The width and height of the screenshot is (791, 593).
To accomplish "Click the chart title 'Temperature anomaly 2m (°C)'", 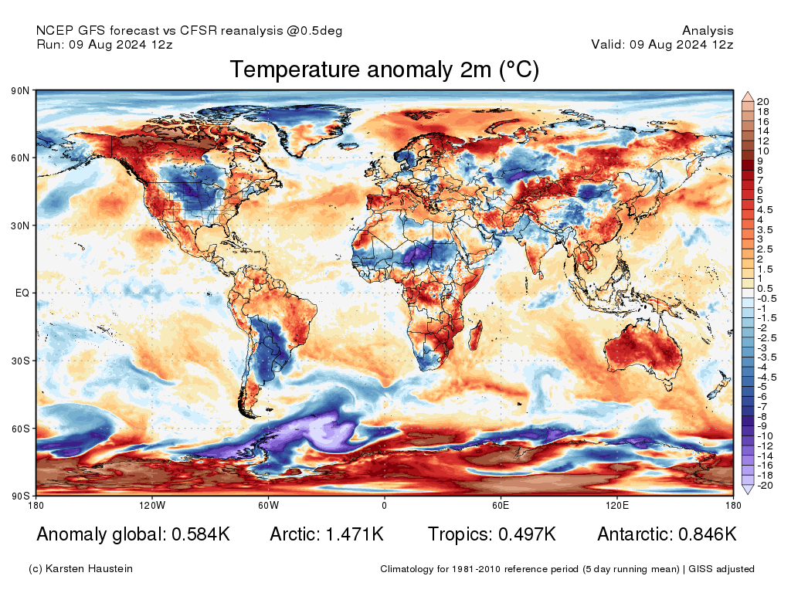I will pyautogui.click(x=384, y=70).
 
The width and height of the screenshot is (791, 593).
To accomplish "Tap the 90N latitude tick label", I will pyautogui.click(x=21, y=91).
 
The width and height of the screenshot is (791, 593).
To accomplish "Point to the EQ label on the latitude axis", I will pyautogui.click(x=22, y=293).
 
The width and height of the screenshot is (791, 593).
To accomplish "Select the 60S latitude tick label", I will pyautogui.click(x=21, y=429).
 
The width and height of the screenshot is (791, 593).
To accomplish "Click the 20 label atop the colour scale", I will pyautogui.click(x=762, y=102).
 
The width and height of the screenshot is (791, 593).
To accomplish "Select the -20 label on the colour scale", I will pyautogui.click(x=764, y=486).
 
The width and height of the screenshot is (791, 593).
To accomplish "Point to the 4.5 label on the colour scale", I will pyautogui.click(x=764, y=209).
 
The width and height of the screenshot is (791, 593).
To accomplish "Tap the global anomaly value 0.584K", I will pyautogui.click(x=198, y=534).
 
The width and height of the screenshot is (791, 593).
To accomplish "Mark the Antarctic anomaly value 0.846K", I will pyautogui.click(x=707, y=534).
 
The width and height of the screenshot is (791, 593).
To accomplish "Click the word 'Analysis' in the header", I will pyautogui.click(x=708, y=31).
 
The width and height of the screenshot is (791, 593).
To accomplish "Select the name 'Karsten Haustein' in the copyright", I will pyautogui.click(x=90, y=569).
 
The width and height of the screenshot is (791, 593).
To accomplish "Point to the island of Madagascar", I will pyautogui.click(x=477, y=337).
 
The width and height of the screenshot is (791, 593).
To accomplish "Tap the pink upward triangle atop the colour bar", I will pyautogui.click(x=748, y=97).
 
